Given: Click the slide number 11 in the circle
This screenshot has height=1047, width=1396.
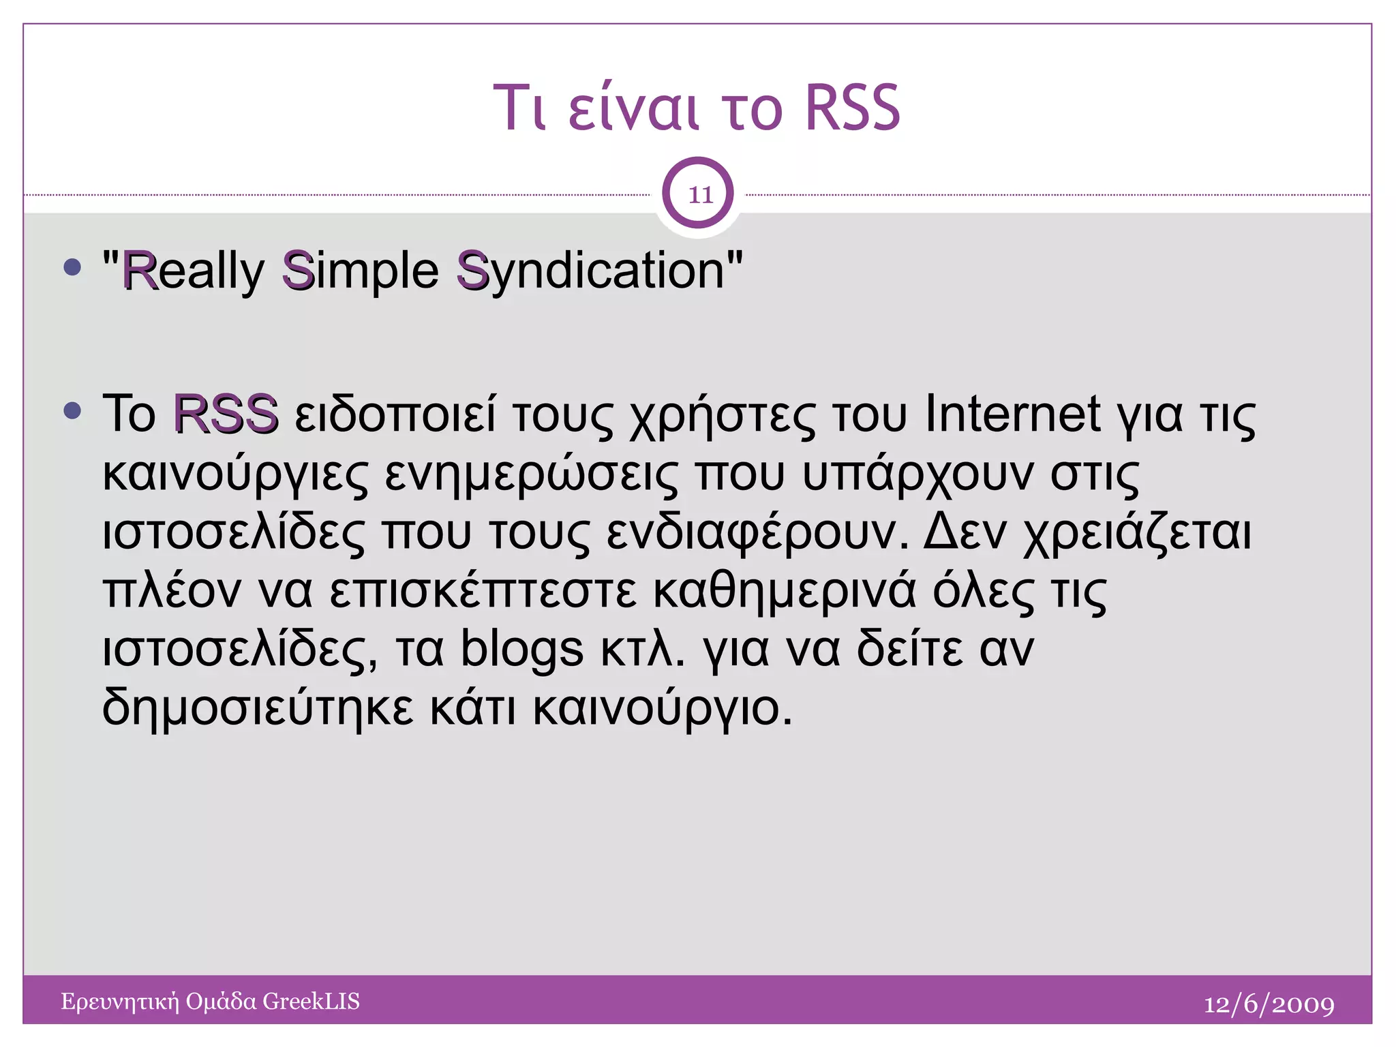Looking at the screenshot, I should (699, 195).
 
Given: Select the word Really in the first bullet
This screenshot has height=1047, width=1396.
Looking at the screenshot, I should (193, 271).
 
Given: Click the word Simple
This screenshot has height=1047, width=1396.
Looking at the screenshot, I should (361, 271).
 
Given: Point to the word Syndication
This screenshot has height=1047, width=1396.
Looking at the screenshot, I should (591, 271).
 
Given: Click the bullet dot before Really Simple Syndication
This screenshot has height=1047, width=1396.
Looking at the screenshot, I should (72, 267).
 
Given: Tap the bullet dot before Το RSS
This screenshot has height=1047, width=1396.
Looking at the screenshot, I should (72, 410).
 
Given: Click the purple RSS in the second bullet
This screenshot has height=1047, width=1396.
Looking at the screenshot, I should (226, 414).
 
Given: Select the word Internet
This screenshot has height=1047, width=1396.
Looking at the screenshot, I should (1012, 414).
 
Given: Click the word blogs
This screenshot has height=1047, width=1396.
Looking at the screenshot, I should (522, 649).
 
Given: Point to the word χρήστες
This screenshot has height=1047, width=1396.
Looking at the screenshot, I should (722, 416).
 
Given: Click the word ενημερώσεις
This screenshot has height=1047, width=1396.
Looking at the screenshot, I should (532, 474).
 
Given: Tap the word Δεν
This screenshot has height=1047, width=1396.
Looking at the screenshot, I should (965, 532).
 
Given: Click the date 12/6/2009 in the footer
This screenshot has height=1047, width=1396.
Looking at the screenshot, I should (1269, 1004).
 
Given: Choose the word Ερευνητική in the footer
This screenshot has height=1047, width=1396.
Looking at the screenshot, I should (119, 1002).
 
